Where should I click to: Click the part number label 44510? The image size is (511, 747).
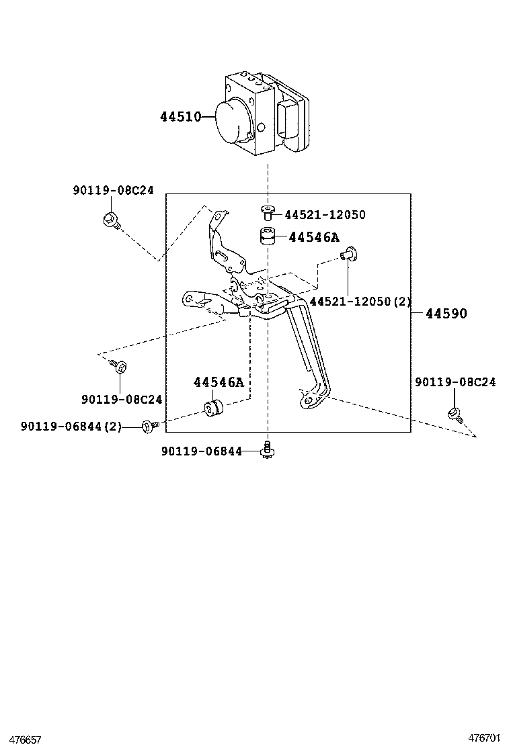tap(180, 117)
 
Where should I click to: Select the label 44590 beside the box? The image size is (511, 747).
tap(444, 314)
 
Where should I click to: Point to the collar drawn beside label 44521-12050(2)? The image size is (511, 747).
tap(348, 254)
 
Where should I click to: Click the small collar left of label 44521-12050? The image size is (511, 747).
tap(268, 213)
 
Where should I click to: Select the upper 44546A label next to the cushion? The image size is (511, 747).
tap(314, 237)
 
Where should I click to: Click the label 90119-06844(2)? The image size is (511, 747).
tap(71, 426)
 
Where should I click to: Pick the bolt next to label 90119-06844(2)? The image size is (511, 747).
tap(150, 425)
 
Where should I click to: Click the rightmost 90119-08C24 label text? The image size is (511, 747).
tap(455, 382)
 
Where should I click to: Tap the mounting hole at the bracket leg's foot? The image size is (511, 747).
tap(309, 400)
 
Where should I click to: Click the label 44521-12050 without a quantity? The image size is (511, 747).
tap(325, 215)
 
